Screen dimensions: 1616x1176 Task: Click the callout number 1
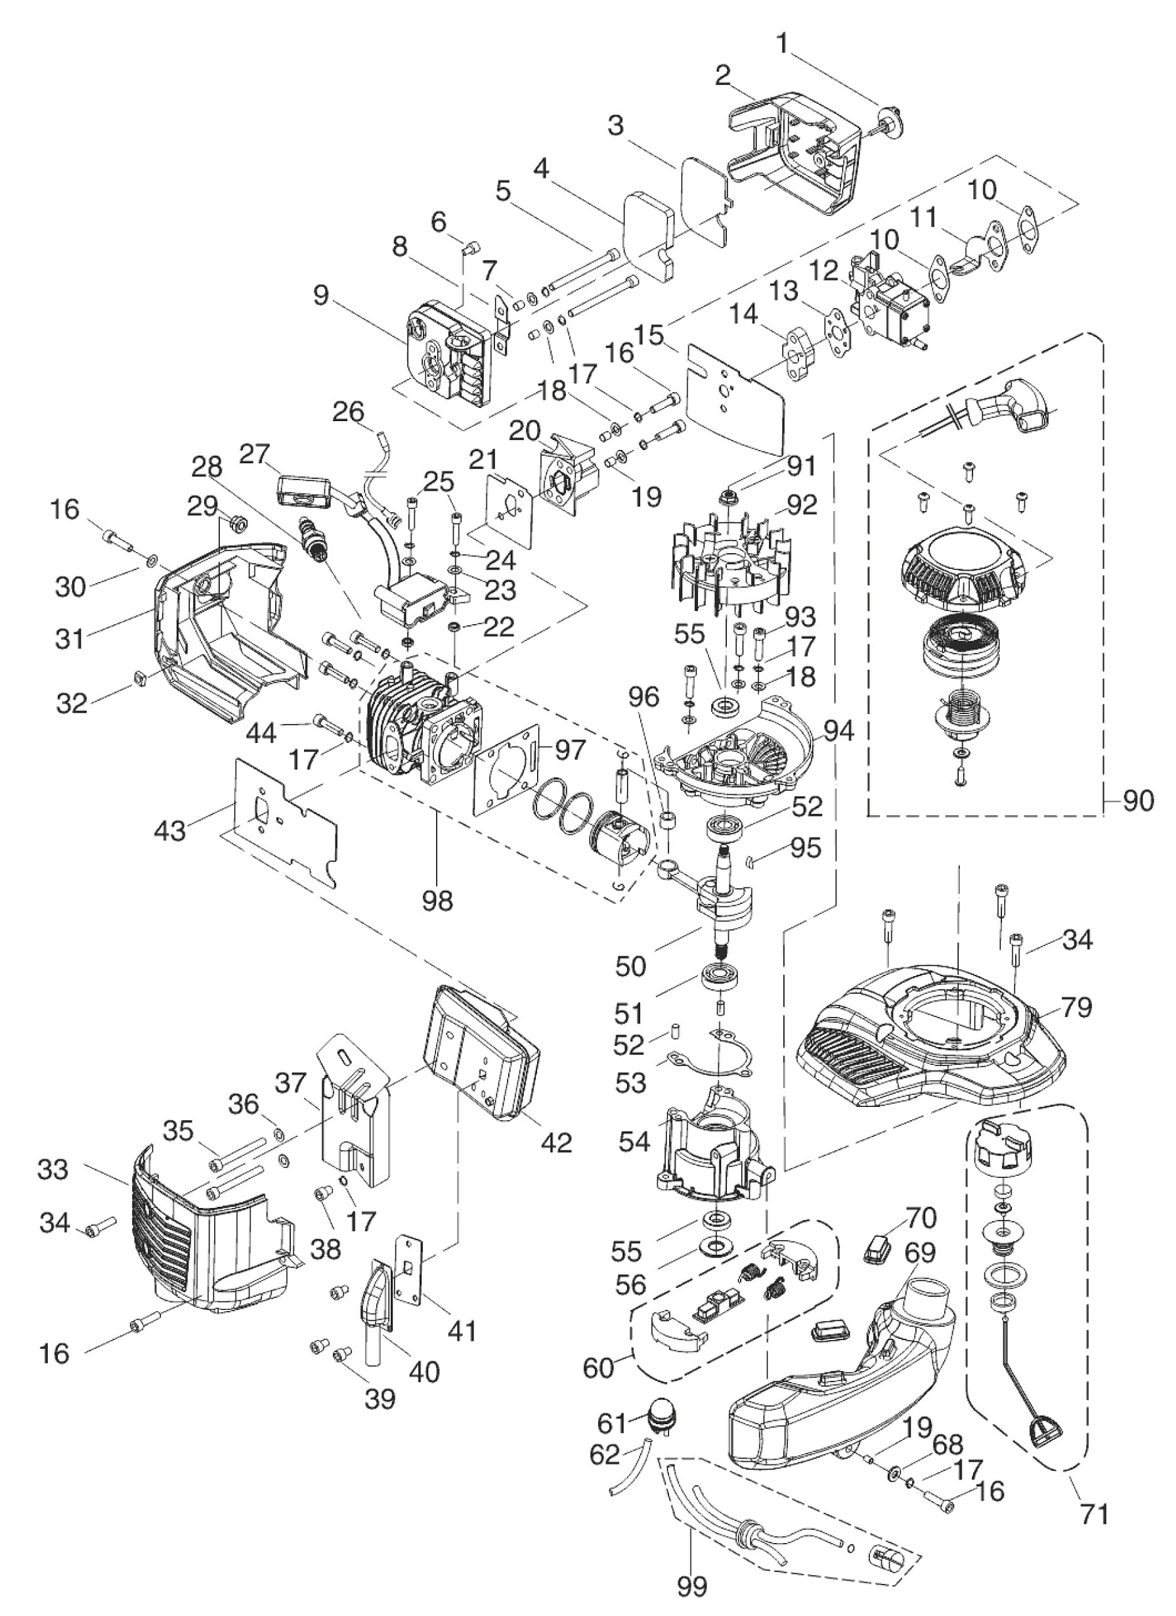783,43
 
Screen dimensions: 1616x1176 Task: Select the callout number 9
322,295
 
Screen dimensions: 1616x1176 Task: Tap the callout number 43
169,830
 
